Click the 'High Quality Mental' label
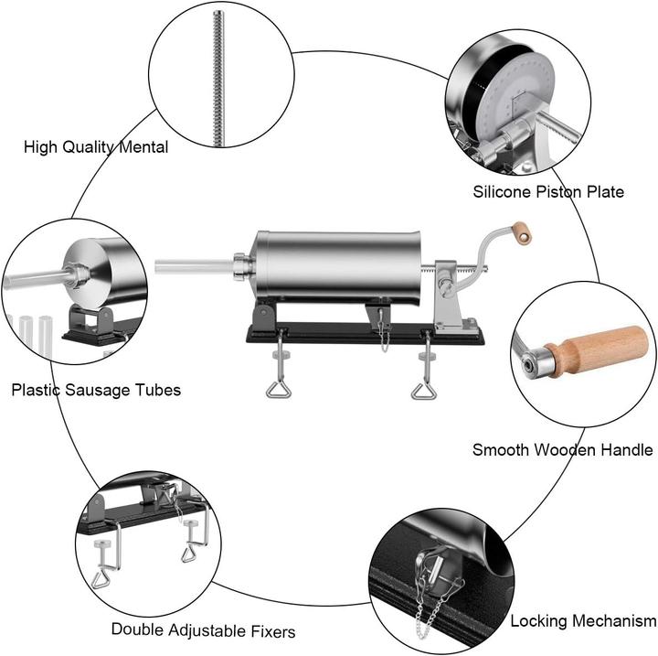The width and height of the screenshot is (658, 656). point(96,146)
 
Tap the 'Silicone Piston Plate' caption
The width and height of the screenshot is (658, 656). point(548,192)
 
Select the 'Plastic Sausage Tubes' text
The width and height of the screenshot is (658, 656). point(96,390)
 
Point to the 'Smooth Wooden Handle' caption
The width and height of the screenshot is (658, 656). point(562,449)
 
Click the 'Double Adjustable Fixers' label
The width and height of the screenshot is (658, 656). point(203,629)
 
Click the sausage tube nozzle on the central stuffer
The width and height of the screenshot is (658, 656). point(192,266)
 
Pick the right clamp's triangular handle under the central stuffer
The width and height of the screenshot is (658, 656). point(423,391)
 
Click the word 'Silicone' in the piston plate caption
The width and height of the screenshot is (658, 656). point(502,192)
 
